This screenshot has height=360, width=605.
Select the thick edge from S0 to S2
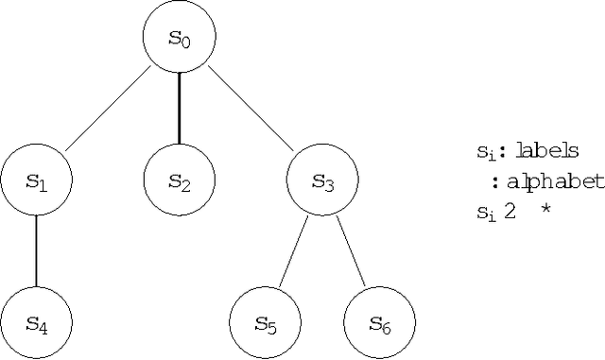[x=180, y=110]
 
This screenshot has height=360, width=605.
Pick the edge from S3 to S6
[x=351, y=252]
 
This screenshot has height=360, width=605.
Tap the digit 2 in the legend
[x=510, y=212]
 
